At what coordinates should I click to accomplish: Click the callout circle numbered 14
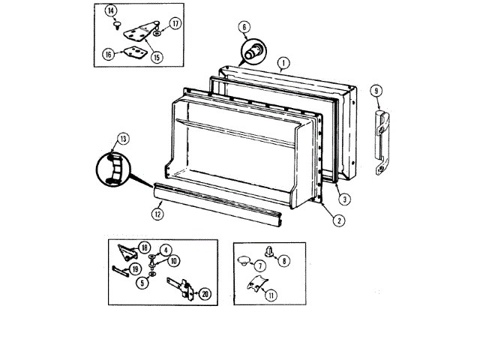pos(112,10)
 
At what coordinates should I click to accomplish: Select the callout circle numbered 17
pos(175,23)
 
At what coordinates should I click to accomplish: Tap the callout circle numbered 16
pos(109,53)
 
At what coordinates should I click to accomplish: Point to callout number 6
pos(244,28)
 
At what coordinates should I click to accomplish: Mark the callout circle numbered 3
pos(342,199)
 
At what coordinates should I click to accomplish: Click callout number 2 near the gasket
pos(340,220)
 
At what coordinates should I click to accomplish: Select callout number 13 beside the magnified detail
pos(123,138)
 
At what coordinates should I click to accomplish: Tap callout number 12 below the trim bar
pos(157,214)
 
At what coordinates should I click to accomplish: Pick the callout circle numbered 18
pos(145,247)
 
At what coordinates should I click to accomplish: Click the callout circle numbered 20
pos(205,294)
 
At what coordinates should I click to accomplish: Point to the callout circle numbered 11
pos(271,295)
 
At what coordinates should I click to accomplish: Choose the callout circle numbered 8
pos(283,261)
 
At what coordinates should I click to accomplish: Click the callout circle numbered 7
pos(260,265)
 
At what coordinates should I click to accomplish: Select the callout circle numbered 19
pos(136,268)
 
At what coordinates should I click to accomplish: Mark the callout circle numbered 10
pos(173,261)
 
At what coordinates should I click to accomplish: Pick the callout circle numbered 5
pos(142,283)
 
